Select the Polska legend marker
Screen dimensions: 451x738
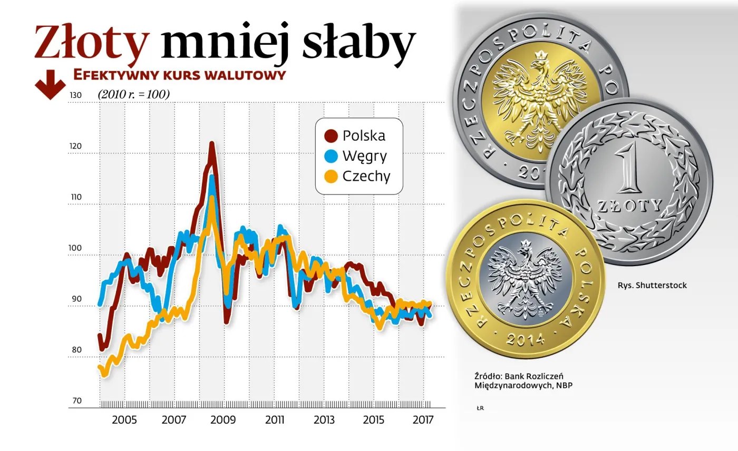pos(331,136)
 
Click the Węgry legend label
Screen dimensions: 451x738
pos(364,156)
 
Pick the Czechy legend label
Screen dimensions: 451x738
pos(366,176)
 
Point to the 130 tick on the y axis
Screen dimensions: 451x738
pos(76,95)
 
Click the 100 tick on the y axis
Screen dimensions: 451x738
pos(76,248)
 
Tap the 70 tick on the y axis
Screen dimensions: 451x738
pos(76,401)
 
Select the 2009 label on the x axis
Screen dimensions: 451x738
pos(224,420)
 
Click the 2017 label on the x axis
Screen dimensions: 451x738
pos(423,420)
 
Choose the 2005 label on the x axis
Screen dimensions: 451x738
pos(124,420)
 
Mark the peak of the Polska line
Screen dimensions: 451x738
pos(211,144)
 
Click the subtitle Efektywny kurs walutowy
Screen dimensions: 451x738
pos(179,75)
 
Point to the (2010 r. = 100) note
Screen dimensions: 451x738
pos(133,94)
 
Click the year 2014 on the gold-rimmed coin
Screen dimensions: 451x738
pos(525,338)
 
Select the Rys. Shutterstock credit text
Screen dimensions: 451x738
pos(652,286)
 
